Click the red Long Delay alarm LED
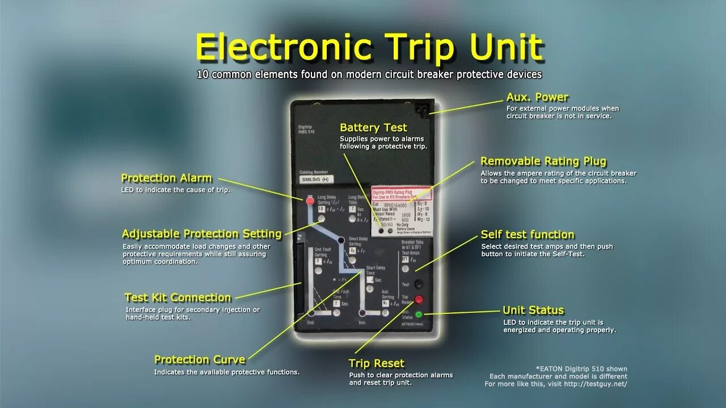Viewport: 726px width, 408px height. click(310, 201)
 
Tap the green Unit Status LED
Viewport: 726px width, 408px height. click(419, 314)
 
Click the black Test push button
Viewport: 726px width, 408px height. click(419, 283)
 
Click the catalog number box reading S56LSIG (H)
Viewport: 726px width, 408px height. click(316, 180)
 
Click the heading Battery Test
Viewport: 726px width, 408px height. click(373, 127)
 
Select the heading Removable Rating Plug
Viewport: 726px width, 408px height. click(543, 161)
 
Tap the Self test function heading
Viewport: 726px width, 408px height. click(527, 235)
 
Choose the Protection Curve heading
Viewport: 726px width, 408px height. click(200, 359)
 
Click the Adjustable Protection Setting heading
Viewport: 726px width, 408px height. click(201, 233)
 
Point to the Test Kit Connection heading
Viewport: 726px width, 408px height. click(178, 297)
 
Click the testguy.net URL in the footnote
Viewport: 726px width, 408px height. click(596, 384)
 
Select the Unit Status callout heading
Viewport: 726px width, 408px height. click(533, 310)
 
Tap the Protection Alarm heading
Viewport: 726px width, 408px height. click(166, 178)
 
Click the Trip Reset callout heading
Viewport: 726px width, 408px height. click(376, 363)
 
